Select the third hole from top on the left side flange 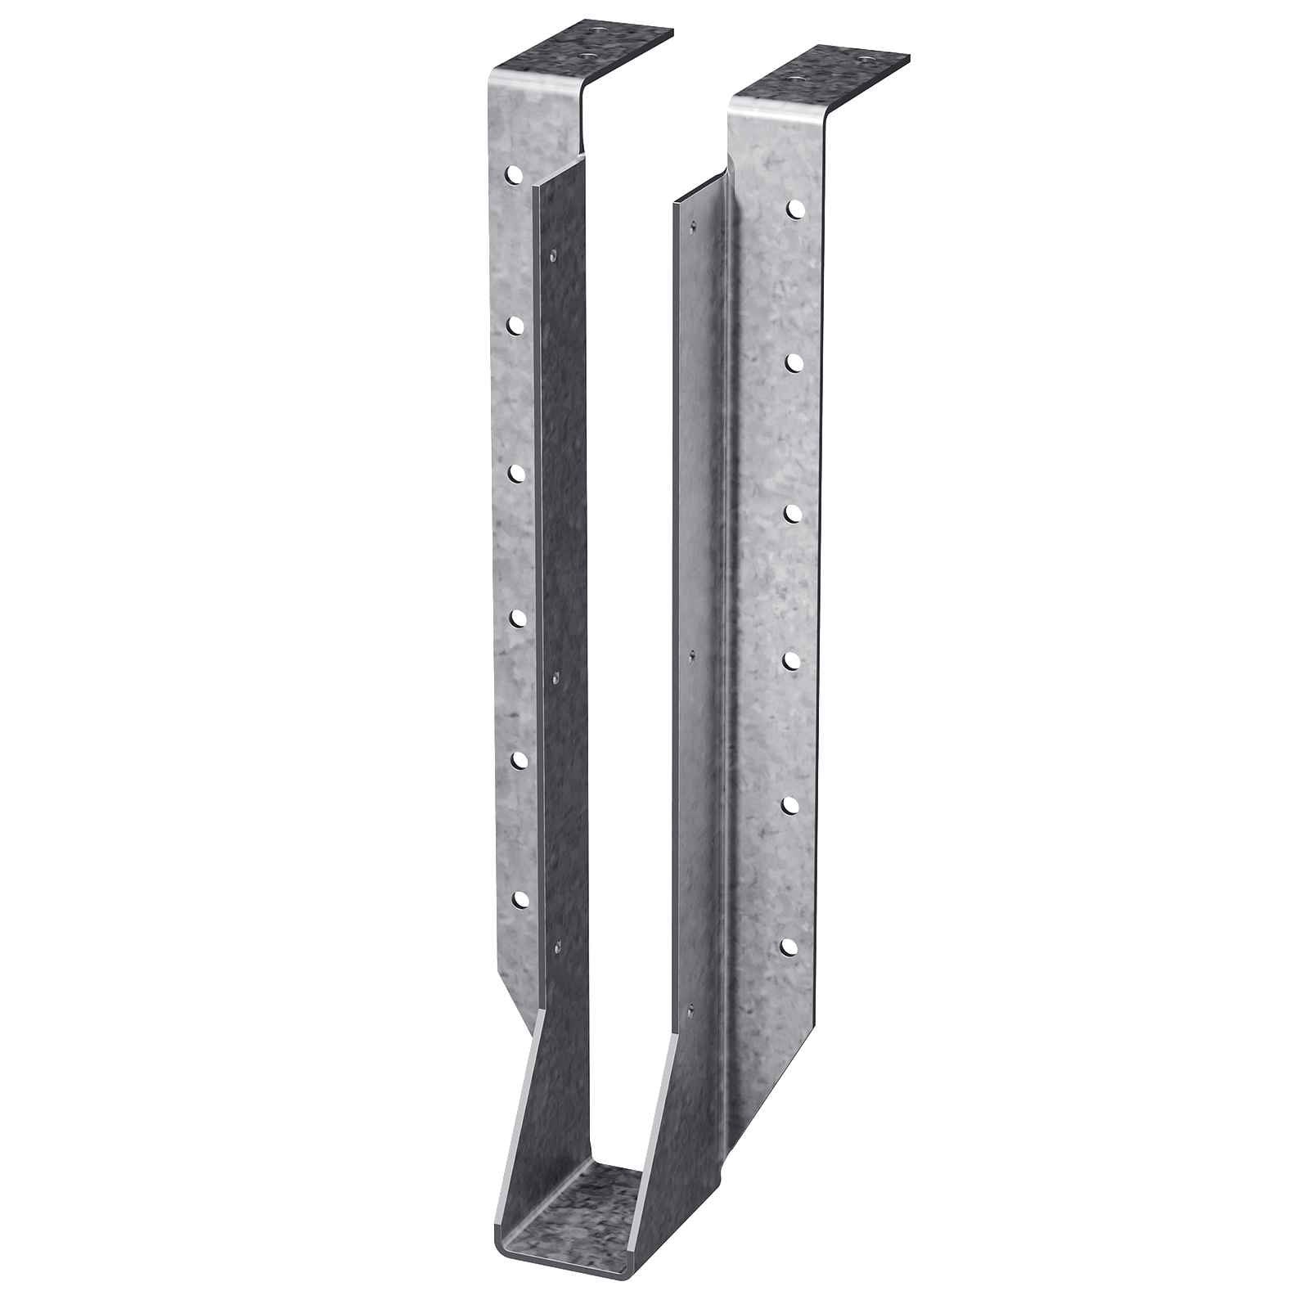516,474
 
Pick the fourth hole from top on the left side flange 518,619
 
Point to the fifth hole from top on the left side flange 520,760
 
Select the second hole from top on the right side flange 792,362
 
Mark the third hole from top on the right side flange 792,512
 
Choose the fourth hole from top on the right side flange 791,659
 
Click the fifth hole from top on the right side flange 790,805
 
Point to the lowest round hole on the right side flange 789,947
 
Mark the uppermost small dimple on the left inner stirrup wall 554,255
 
